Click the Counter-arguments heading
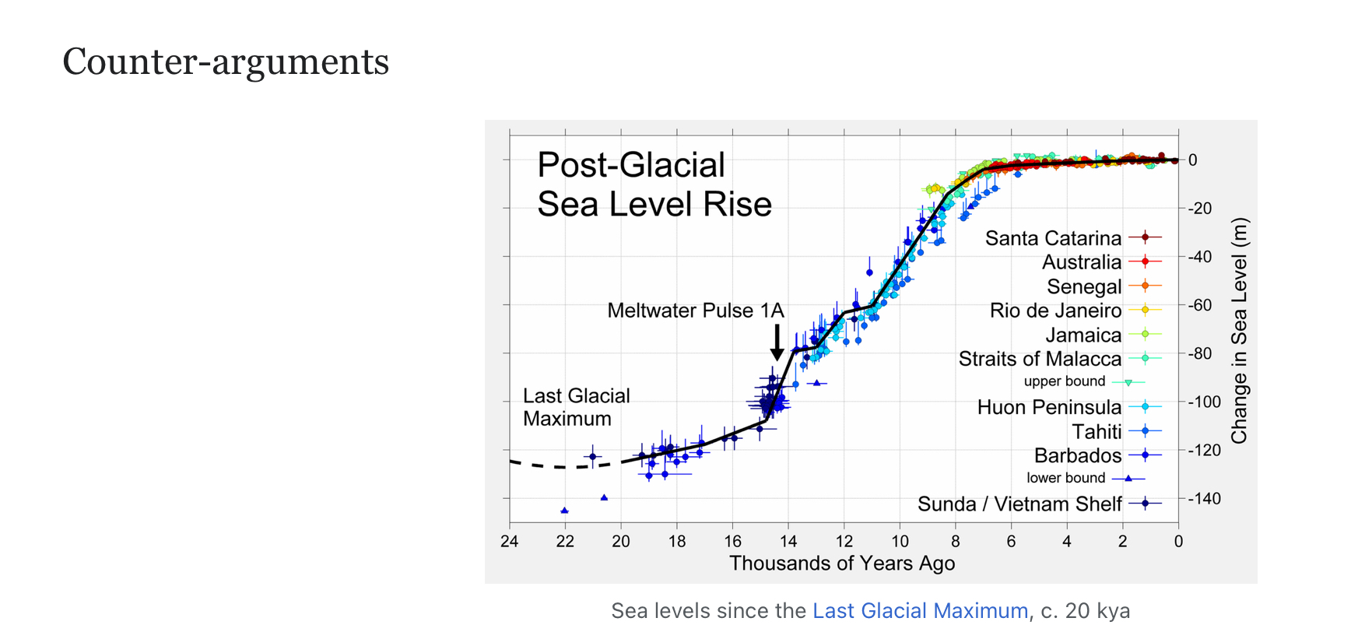click(226, 61)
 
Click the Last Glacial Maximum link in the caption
click(920, 611)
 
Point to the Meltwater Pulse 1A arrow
click(777, 342)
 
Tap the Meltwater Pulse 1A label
click(695, 311)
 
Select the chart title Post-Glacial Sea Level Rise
click(654, 184)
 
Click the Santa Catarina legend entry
click(1053, 238)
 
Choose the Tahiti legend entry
click(1097, 431)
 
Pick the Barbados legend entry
click(1078, 455)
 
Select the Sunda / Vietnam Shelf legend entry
click(1019, 504)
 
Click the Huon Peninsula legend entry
click(1049, 407)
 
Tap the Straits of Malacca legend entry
click(1040, 359)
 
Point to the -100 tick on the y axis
click(1204, 402)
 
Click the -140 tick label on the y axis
click(1204, 498)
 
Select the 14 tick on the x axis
click(788, 541)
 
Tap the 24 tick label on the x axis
click(510, 541)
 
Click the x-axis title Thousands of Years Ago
click(842, 564)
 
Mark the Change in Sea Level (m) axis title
click(1239, 331)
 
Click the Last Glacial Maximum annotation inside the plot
click(576, 407)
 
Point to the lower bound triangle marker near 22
click(564, 511)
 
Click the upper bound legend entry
click(1065, 381)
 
